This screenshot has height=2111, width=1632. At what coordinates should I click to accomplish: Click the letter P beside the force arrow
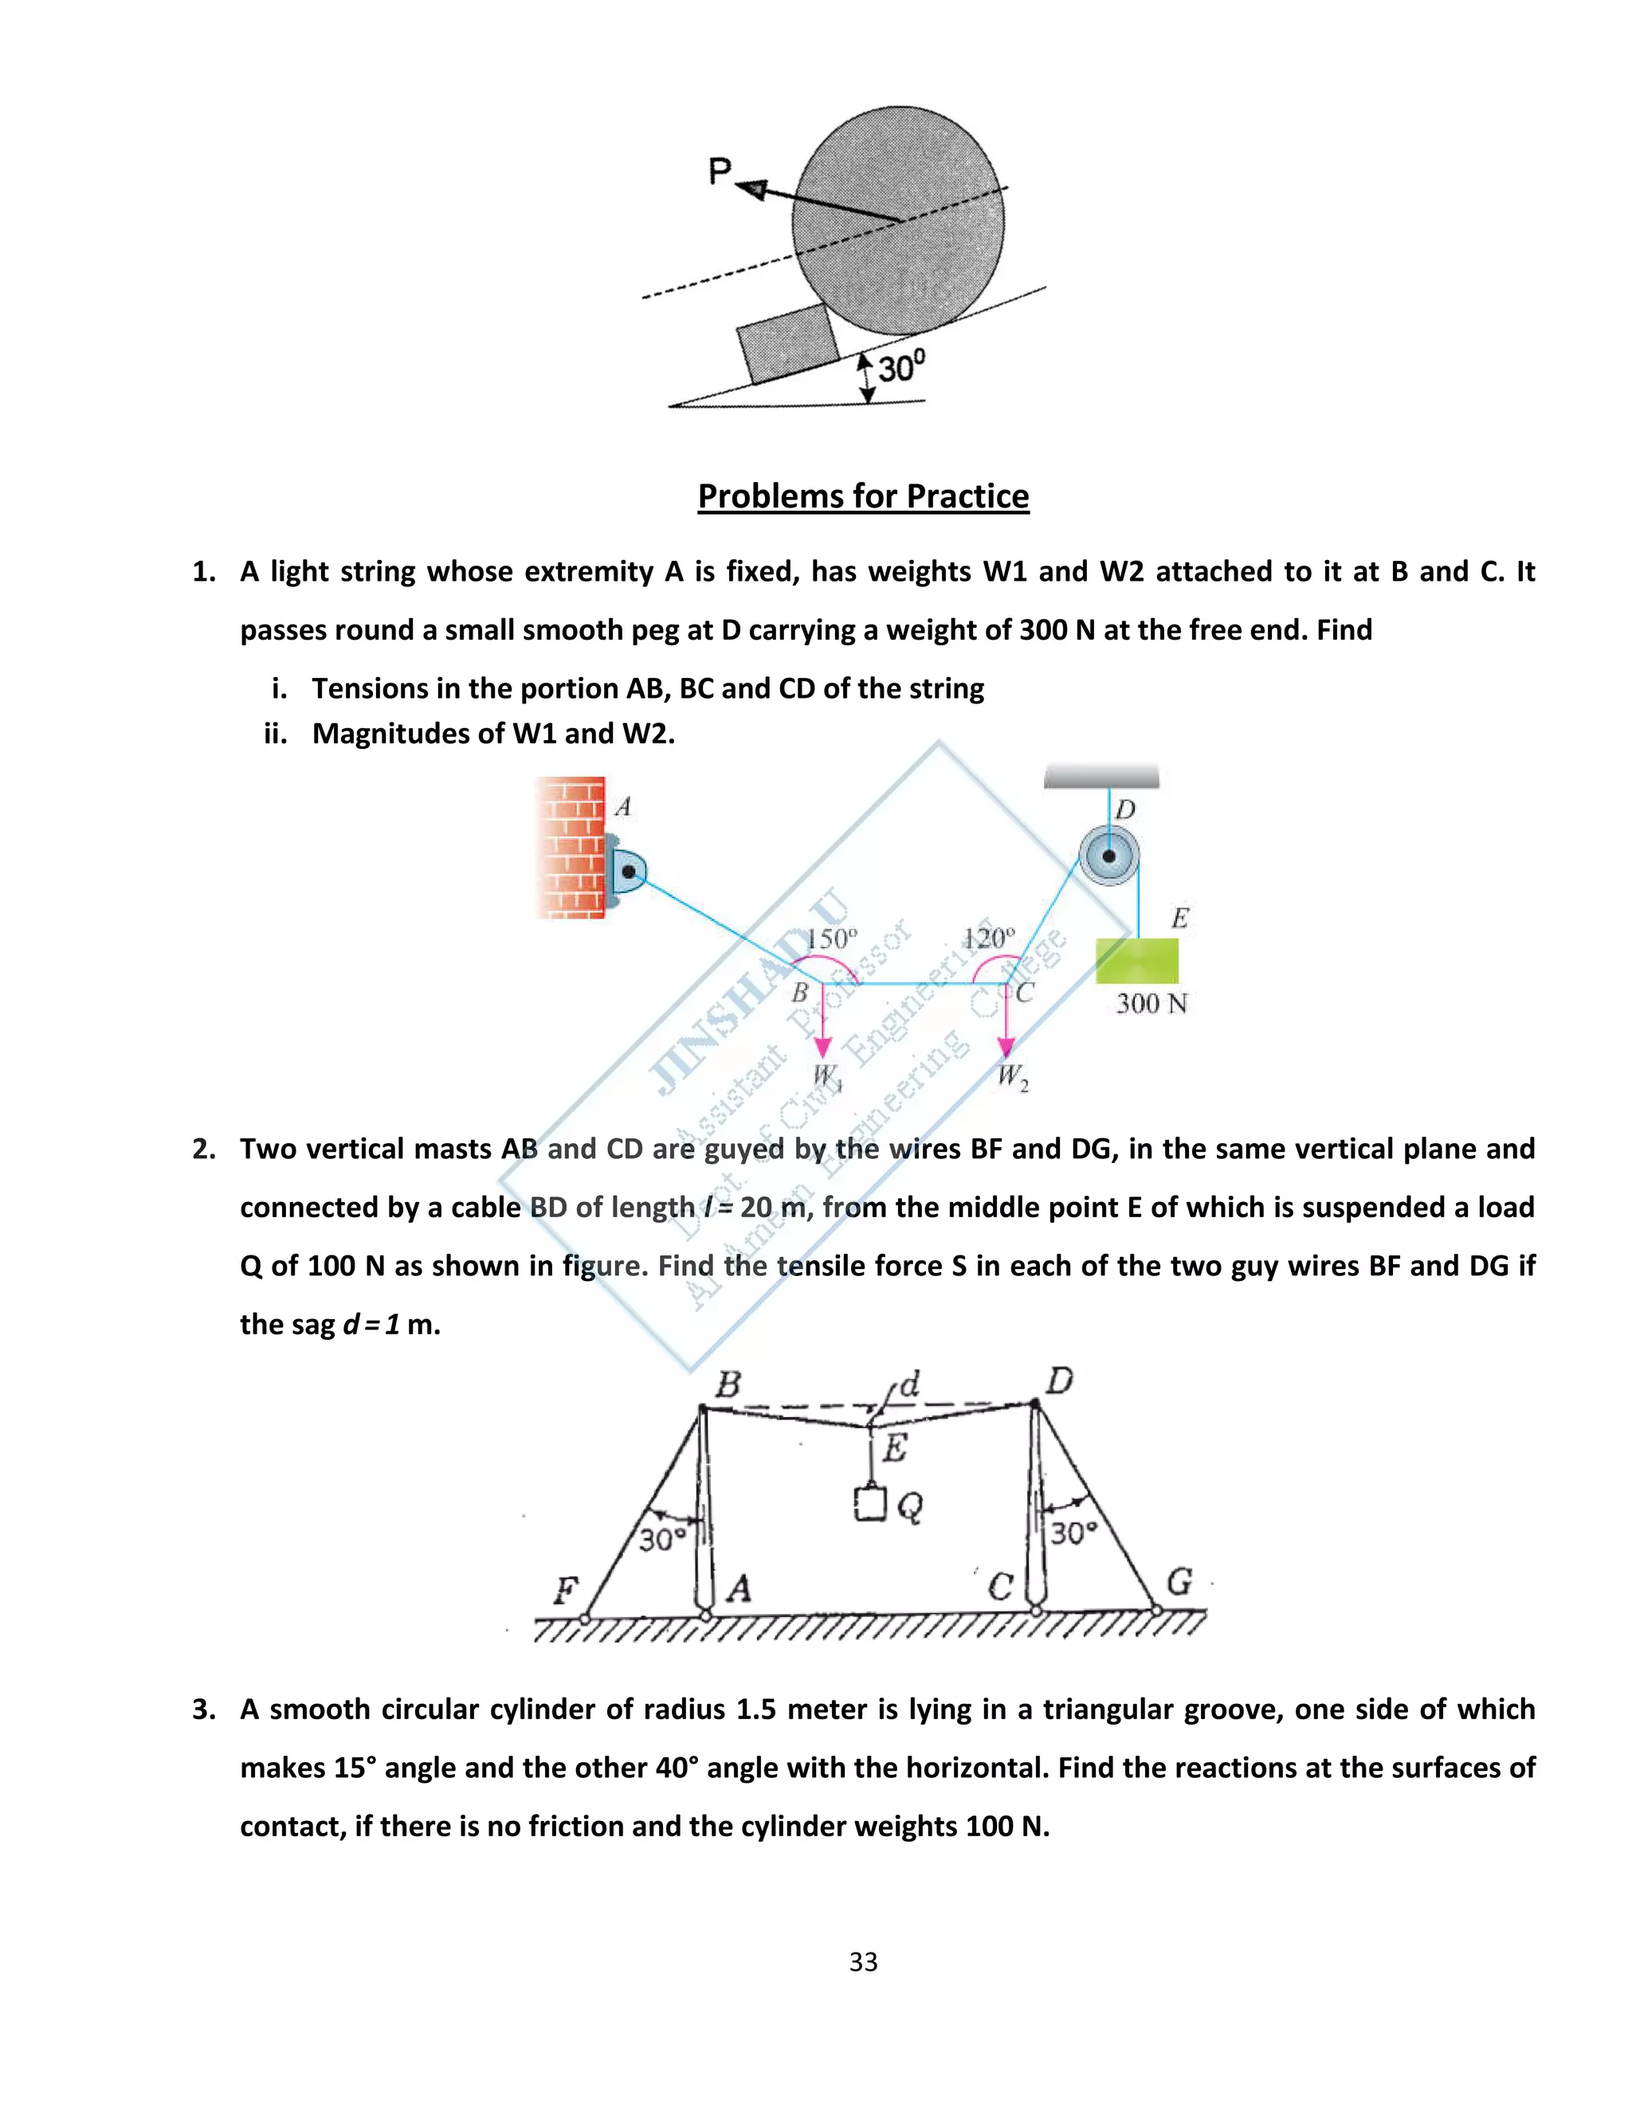(720, 172)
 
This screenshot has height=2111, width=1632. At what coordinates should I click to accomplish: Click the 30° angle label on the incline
(901, 366)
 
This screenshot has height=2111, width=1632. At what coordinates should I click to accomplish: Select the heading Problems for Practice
(863, 495)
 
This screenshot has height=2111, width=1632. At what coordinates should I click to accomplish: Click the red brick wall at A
(571, 848)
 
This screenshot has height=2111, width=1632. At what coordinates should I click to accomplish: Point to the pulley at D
(1109, 856)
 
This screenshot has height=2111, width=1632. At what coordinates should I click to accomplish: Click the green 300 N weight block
(1137, 961)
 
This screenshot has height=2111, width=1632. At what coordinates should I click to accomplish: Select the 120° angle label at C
(989, 938)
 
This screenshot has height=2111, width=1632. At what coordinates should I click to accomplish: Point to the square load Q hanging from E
(870, 1504)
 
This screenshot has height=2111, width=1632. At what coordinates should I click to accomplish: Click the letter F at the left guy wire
(566, 1589)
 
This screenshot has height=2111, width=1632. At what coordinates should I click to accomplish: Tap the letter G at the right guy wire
(1179, 1582)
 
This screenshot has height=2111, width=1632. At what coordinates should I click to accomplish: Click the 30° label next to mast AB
(663, 1539)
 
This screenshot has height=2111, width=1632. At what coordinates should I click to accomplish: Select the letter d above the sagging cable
(908, 1384)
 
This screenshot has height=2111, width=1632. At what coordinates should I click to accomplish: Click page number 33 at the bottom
(863, 1961)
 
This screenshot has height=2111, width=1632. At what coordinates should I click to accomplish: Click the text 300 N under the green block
(1151, 1003)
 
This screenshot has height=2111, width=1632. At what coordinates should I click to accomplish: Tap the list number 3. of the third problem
(204, 1709)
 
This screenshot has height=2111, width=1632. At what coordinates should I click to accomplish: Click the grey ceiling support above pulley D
(1101, 776)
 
